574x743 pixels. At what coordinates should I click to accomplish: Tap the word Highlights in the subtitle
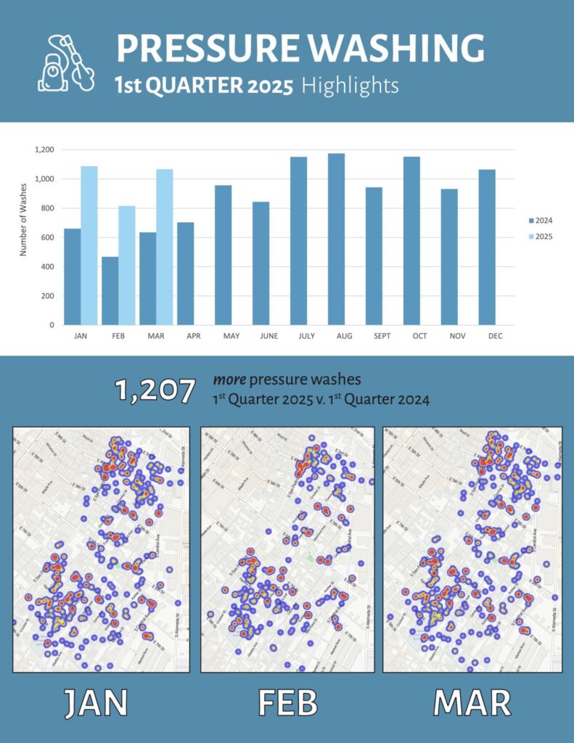tap(350, 86)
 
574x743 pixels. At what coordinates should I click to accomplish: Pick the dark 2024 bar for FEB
tap(110, 290)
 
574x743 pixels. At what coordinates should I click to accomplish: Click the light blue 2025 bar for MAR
tap(165, 247)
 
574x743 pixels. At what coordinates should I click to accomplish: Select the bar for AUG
tap(336, 239)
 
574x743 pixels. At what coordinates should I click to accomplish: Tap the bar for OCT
tap(411, 240)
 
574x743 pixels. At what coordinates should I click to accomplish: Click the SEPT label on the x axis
tap(374, 337)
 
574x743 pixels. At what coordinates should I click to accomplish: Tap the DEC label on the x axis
tap(487, 337)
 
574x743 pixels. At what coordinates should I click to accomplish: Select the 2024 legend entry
tap(541, 220)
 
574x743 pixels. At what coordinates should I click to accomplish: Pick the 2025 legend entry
tap(541, 237)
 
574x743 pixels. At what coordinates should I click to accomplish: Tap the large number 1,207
tap(155, 391)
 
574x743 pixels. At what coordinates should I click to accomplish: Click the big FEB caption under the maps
tap(287, 702)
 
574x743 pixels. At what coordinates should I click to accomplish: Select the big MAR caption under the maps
tap(472, 702)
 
